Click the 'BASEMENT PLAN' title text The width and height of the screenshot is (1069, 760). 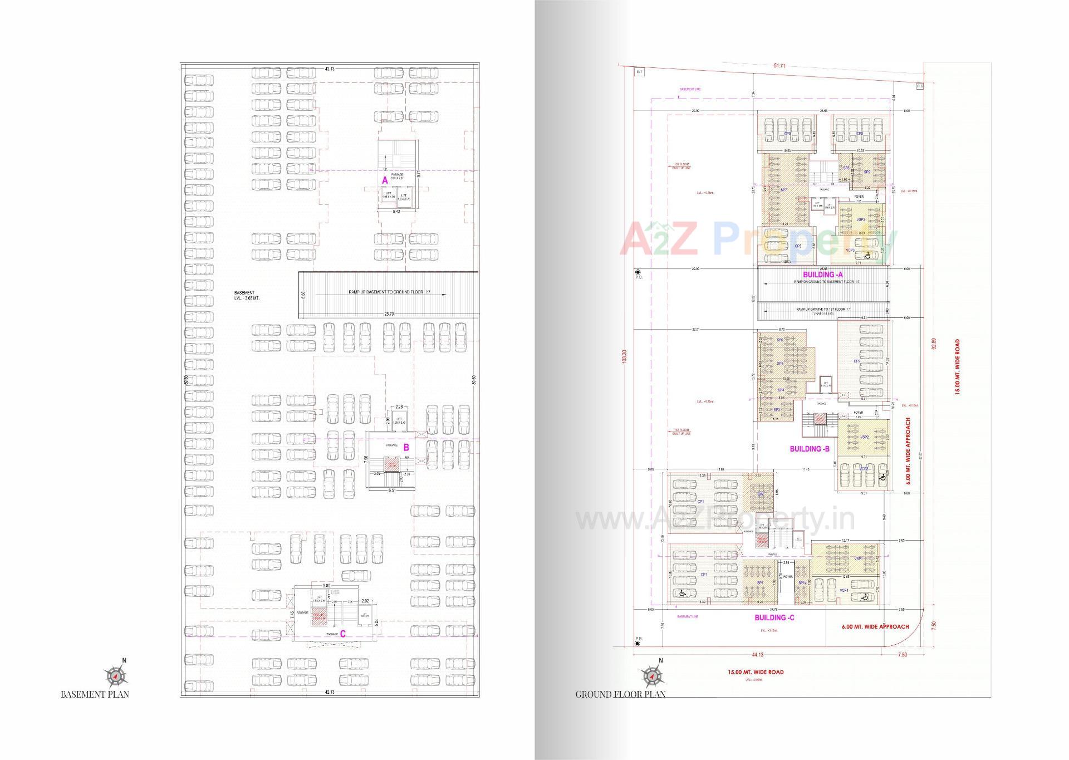(95, 694)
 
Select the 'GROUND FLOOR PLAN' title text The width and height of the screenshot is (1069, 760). (620, 694)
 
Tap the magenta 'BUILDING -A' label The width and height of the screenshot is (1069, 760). (822, 274)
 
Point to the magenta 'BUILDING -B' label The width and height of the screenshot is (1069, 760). (810, 449)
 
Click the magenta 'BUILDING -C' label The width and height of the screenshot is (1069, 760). (774, 617)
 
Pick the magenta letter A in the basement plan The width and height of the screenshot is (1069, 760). (384, 180)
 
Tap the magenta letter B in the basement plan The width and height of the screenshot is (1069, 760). (406, 447)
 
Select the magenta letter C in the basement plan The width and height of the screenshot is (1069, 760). (343, 634)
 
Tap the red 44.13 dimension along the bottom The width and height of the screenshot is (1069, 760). (757, 655)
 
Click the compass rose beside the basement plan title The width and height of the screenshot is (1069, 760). (115, 676)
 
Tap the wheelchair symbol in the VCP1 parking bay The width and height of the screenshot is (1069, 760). (864, 597)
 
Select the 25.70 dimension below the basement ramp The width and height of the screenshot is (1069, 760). (389, 314)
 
